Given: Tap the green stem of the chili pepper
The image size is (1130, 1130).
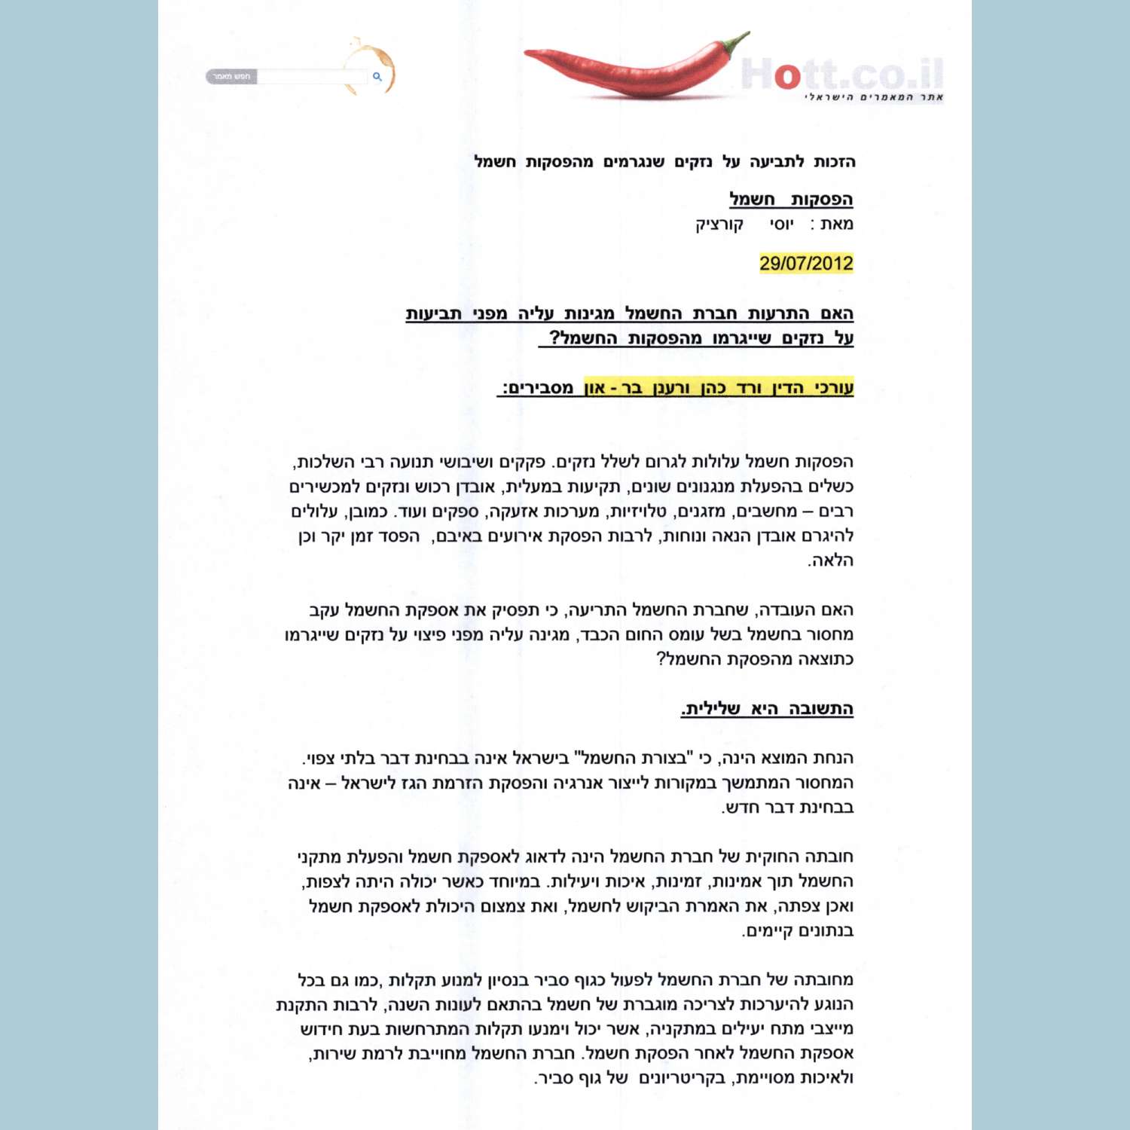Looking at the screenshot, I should pyautogui.click(x=738, y=42).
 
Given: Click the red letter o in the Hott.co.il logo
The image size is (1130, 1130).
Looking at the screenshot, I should pyautogui.click(x=787, y=75).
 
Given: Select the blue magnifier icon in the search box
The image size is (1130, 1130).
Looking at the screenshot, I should pyautogui.click(x=377, y=76).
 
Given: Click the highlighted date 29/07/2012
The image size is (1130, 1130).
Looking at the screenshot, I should pyautogui.click(x=806, y=264).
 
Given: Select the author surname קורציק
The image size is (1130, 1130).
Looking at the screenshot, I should pyautogui.click(x=719, y=224).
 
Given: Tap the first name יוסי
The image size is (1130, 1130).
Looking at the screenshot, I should pyautogui.click(x=781, y=224).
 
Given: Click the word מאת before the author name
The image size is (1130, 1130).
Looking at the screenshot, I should pyautogui.click(x=837, y=224).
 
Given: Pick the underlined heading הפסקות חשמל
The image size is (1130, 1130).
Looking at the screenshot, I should pyautogui.click(x=790, y=200).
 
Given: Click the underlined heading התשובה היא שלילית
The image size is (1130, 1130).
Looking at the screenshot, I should pyautogui.click(x=767, y=709).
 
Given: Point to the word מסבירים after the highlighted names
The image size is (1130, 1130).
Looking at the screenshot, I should pyautogui.click(x=538, y=389).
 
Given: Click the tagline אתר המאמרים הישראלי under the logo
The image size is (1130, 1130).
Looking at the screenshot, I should pyautogui.click(x=874, y=97).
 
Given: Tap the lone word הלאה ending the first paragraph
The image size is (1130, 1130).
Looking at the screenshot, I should pyautogui.click(x=830, y=561).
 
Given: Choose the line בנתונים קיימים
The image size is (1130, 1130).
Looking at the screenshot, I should pyautogui.click(x=798, y=931).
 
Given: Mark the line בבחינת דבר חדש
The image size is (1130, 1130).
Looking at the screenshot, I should pyautogui.click(x=787, y=808).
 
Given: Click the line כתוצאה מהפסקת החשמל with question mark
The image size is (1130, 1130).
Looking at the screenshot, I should pyautogui.click(x=755, y=659).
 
